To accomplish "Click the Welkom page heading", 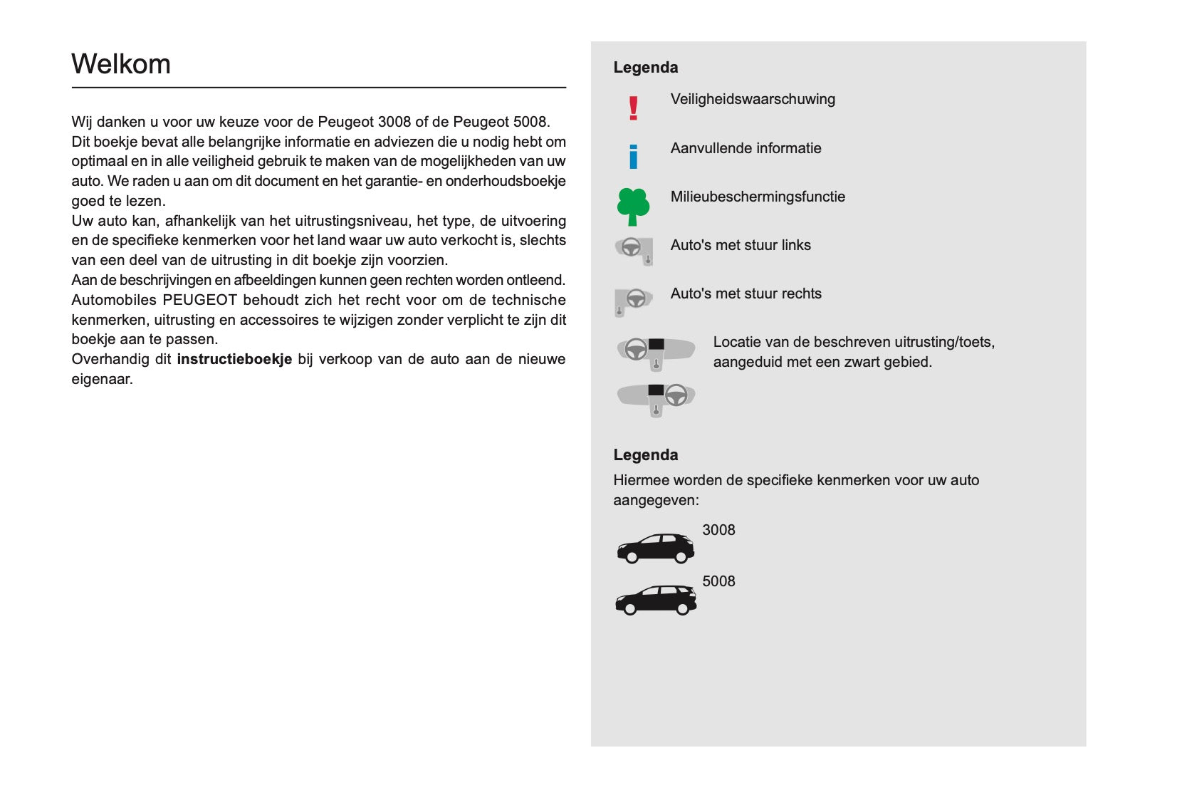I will coord(121,64).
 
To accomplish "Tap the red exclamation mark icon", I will coord(633,108).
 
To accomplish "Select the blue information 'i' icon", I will coord(633,156).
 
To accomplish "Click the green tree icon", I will coord(633,207).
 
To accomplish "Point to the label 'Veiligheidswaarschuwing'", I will coord(753,99).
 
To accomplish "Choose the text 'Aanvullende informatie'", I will coord(746,148).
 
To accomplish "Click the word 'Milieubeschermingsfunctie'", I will coord(758,197).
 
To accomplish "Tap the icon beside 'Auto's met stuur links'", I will coord(634,251).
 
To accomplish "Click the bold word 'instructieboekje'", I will coord(234,359).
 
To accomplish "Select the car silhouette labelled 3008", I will coord(655,548).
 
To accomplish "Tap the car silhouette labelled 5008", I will coord(656,599).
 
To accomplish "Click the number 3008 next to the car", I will coord(718,530).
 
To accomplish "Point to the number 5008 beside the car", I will coord(718,581).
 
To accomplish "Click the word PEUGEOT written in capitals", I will coord(199,300).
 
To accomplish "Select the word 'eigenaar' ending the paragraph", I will coord(100,379).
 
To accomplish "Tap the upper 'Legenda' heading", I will coord(645,68).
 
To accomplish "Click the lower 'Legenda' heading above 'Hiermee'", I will coord(645,455).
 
